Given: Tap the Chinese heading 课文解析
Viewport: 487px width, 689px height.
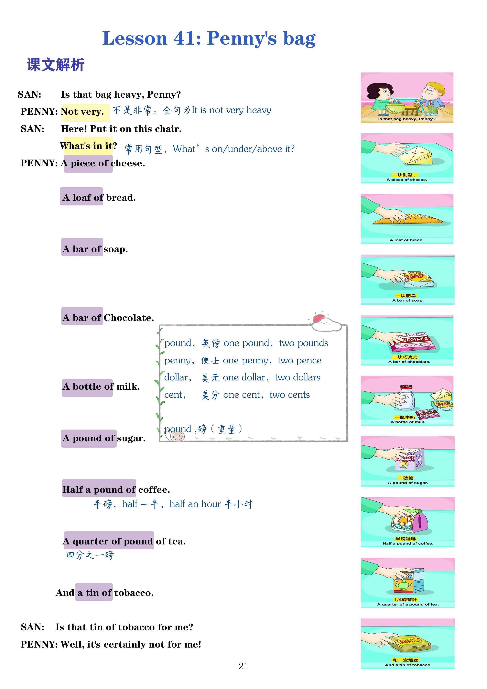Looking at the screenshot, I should click(56, 65).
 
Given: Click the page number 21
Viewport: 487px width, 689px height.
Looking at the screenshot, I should click(243, 666).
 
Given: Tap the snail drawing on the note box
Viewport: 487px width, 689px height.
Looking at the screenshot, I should click(178, 436).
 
